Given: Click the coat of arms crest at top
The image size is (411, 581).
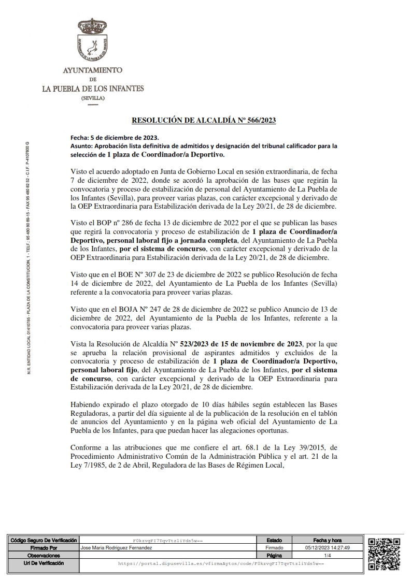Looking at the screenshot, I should [92, 41].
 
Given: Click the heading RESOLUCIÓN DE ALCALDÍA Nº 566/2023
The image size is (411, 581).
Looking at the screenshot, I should [204, 121].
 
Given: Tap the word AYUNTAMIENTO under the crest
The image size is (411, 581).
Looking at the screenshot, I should [92, 69].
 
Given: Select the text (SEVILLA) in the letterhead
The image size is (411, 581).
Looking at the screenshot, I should [93, 98].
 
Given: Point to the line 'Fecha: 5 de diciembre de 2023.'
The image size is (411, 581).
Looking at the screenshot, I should [114, 139].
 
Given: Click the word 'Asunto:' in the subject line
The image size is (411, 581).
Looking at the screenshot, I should [80, 147].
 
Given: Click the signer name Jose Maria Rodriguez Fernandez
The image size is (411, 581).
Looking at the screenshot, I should [117, 547].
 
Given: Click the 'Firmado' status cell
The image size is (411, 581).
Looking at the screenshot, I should [275, 547].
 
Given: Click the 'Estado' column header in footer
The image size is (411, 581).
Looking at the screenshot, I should [275, 540].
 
